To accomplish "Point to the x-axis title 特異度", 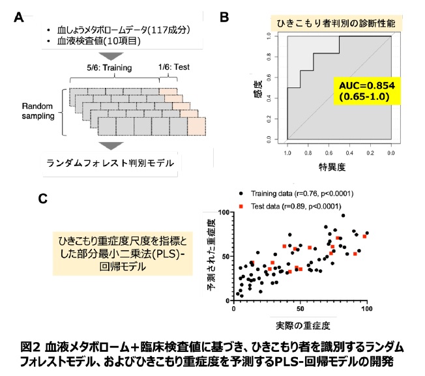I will (x=335, y=166).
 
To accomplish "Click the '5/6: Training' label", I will (x=110, y=67).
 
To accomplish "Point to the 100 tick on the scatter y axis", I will (x=223, y=213).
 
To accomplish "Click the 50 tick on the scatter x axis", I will (x=300, y=308).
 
